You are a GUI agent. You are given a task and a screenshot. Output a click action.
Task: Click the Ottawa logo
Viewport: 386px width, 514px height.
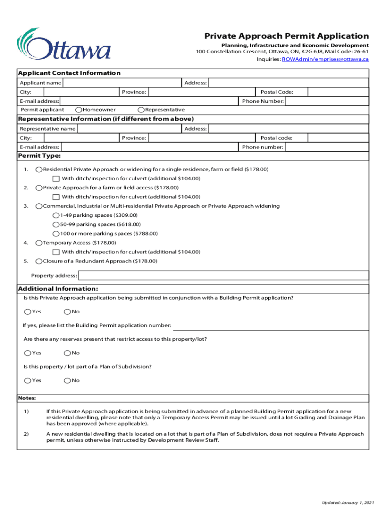(64, 44)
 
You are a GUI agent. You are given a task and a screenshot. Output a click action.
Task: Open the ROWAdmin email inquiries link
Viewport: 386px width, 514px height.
(325, 59)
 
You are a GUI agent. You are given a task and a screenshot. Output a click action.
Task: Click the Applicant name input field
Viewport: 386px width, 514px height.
(122, 82)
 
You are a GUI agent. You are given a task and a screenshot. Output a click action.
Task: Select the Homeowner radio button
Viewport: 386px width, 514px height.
(79, 110)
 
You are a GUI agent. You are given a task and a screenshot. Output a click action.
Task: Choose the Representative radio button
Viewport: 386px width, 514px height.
(141, 110)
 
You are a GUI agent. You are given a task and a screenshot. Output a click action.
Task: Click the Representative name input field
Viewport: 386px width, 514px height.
(129, 128)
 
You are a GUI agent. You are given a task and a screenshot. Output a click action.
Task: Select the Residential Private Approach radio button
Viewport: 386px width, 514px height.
(39, 170)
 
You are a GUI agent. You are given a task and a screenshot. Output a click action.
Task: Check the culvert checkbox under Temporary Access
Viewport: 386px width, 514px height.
(56, 252)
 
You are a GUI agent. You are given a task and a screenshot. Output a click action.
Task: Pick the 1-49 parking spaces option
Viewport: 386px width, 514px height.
(56, 215)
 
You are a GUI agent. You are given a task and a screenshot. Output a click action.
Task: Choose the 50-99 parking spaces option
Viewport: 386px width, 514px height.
(56, 224)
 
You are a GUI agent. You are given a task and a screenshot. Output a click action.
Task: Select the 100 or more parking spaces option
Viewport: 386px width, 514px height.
(56, 234)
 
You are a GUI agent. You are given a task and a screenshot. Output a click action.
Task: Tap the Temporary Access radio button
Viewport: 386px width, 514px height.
(39, 243)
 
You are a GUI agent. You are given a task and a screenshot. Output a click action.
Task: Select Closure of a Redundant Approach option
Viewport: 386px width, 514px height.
(39, 262)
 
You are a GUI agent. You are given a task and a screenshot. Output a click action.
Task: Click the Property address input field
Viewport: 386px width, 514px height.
(224, 276)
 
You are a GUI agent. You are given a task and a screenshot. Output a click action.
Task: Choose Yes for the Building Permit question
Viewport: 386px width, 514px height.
(28, 312)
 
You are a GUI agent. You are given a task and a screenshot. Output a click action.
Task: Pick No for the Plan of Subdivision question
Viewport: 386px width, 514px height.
(67, 380)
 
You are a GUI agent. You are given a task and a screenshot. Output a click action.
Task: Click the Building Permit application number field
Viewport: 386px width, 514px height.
(271, 325)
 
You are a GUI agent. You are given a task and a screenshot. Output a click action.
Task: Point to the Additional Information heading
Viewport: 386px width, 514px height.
(58, 289)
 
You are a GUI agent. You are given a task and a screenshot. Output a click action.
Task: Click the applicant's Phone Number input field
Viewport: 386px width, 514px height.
(327, 101)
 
